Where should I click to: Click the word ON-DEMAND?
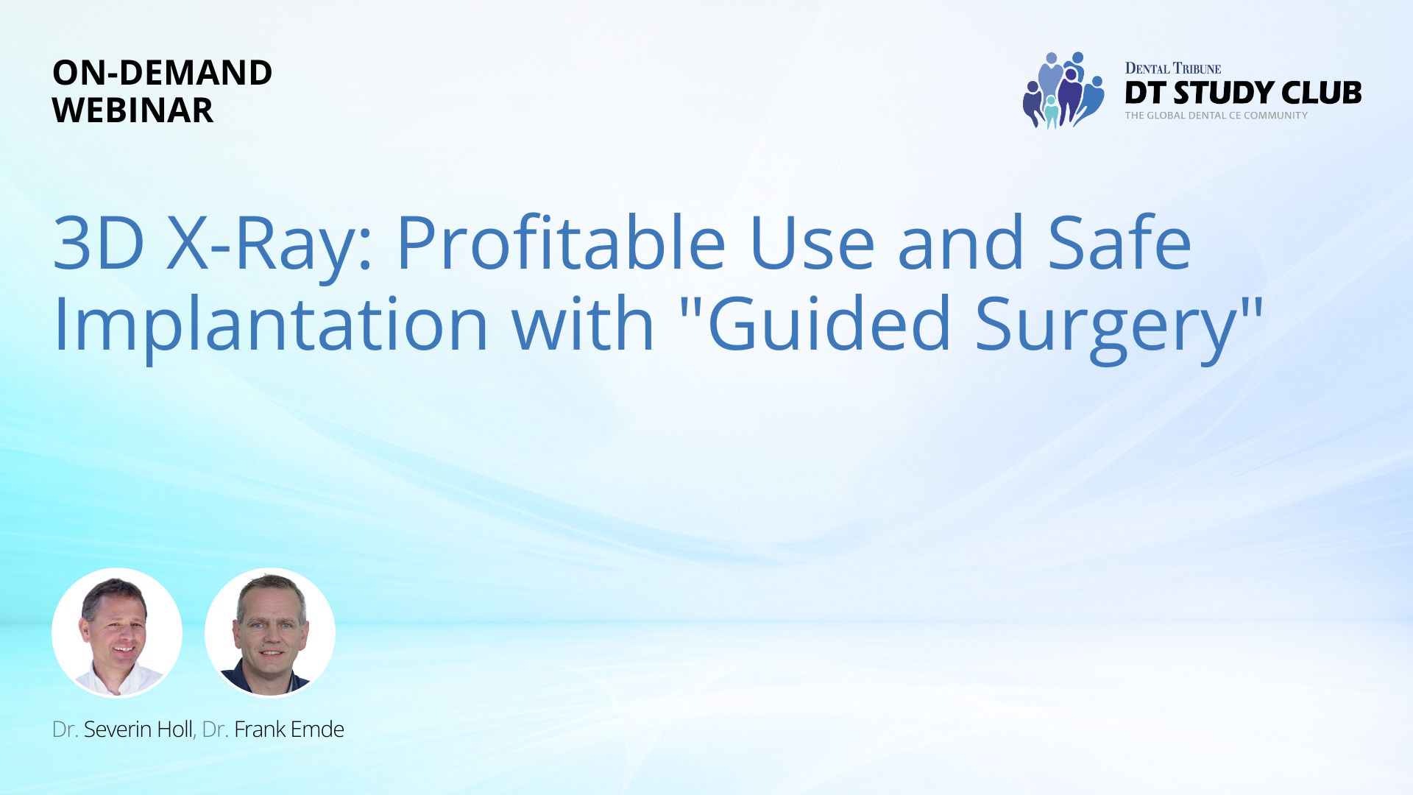click(x=163, y=72)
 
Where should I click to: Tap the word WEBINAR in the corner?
click(x=133, y=110)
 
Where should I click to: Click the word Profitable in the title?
click(x=562, y=242)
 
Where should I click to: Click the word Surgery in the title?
click(x=1105, y=324)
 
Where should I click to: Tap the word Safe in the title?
click(x=1120, y=242)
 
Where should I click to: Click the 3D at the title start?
click(x=99, y=243)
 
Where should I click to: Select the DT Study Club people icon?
click(x=1063, y=90)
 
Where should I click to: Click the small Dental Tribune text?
click(x=1173, y=68)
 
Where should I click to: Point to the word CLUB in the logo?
click(x=1322, y=93)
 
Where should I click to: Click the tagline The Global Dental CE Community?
click(x=1217, y=116)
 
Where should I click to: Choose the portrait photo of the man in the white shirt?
click(x=117, y=633)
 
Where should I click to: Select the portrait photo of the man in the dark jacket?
click(x=270, y=633)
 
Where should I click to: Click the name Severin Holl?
click(x=138, y=729)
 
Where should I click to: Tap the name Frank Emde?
click(x=289, y=729)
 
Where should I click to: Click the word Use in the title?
click(x=812, y=243)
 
